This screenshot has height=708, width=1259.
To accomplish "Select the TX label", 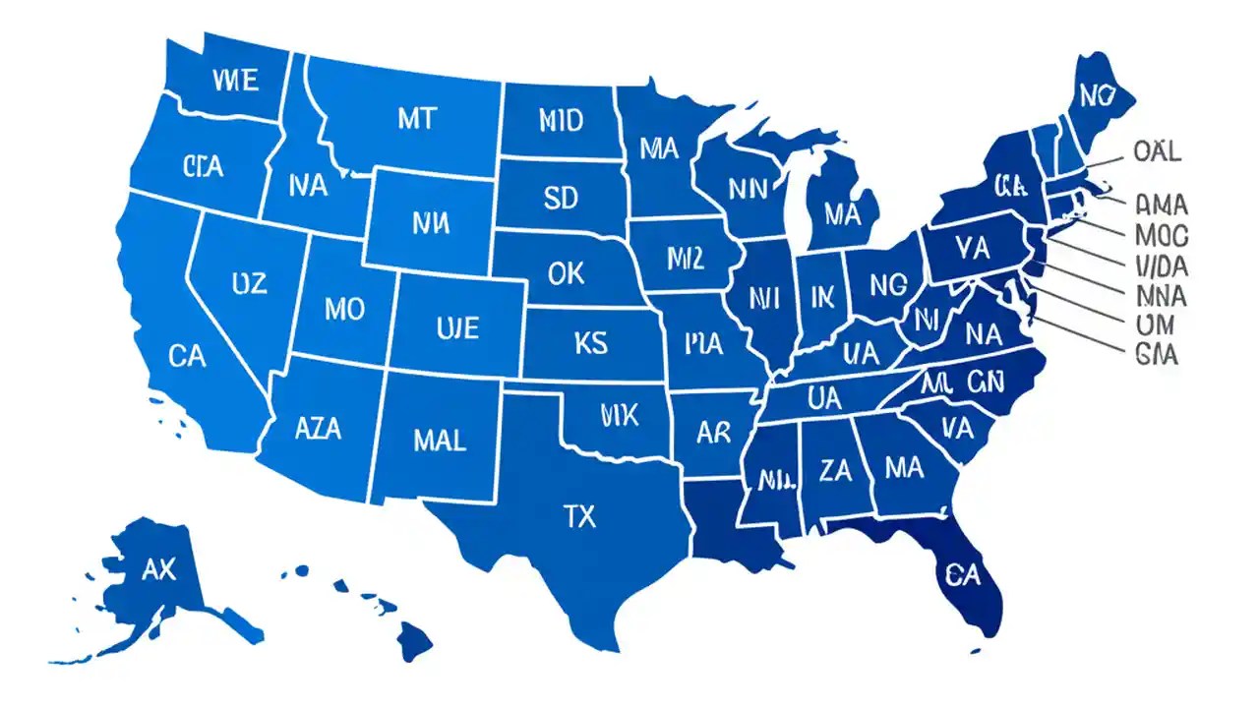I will coord(579,516).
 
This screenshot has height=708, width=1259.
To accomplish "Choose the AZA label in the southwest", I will coord(319,428).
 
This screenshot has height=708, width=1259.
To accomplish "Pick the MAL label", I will coord(439,440).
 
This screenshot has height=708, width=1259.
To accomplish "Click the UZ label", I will coord(249,284).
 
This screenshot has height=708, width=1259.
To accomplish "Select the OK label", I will coord(565,273).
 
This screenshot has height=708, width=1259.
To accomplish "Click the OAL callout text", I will coord(1157,151).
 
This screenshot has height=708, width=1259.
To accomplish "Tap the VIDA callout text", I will coord(1162,265).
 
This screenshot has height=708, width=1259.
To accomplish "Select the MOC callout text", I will coord(1162,236).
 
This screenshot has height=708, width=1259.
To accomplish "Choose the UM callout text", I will coord(1157,325).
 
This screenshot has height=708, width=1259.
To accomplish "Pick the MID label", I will coord(561,121).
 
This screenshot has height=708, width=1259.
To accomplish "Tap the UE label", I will coord(456,326).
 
